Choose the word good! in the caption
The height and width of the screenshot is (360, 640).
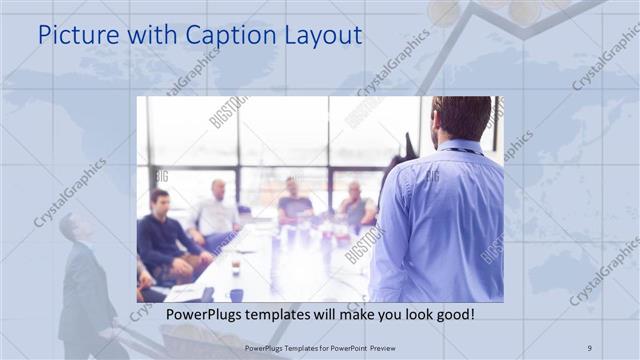[x=452, y=315]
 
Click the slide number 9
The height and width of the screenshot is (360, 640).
[x=589, y=347]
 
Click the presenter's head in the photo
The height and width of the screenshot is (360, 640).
[x=461, y=117]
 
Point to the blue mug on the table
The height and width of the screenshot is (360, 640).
[x=236, y=295]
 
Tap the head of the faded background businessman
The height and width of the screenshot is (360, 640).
[x=70, y=226]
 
